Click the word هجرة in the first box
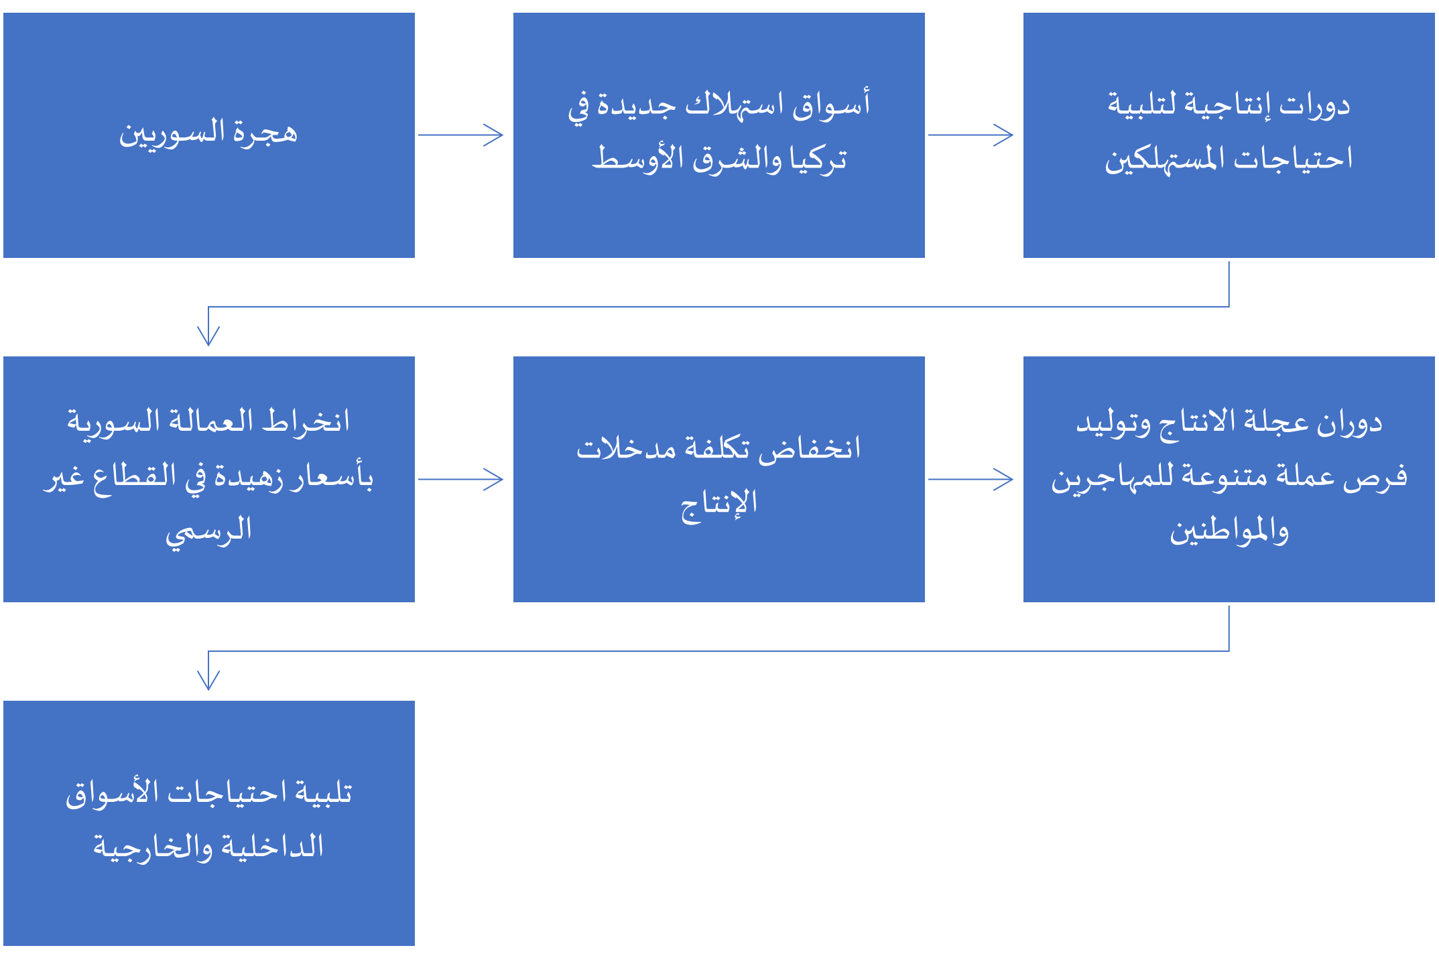(265, 133)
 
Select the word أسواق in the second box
(831, 106)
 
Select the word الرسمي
(209, 531)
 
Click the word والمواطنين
(1229, 531)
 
